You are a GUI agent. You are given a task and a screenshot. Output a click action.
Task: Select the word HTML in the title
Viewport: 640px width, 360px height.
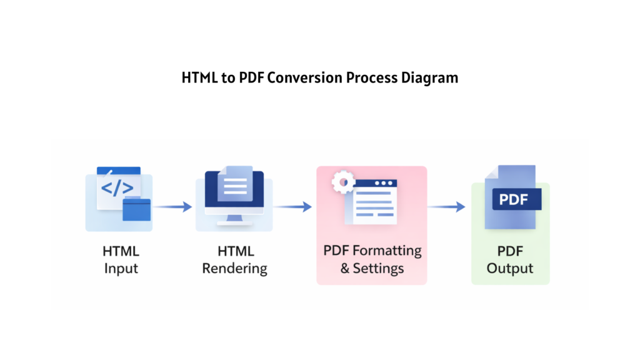[199, 78]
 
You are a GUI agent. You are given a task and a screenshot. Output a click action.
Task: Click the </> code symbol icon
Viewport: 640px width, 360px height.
[116, 187]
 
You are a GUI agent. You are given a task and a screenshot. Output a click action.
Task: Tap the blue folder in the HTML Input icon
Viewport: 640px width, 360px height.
[137, 209]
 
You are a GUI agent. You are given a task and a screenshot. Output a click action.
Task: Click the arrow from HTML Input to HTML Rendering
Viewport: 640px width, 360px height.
[172, 206]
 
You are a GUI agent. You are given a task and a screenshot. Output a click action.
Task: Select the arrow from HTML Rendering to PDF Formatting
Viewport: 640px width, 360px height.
[292, 206]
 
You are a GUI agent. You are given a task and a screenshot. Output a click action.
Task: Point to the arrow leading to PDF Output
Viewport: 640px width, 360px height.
[446, 206]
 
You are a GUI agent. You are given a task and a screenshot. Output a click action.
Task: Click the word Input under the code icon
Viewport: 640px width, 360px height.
[121, 269]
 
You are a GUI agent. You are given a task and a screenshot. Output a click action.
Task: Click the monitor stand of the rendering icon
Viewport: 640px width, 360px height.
[235, 218]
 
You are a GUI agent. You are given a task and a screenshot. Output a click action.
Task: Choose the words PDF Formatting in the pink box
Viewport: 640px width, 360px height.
[372, 251]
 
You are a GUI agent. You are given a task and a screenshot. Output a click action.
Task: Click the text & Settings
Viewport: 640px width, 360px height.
[372, 269]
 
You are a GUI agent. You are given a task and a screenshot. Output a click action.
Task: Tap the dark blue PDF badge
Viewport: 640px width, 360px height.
[516, 200]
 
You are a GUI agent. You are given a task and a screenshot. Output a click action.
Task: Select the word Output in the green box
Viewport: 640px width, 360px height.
[510, 269]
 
